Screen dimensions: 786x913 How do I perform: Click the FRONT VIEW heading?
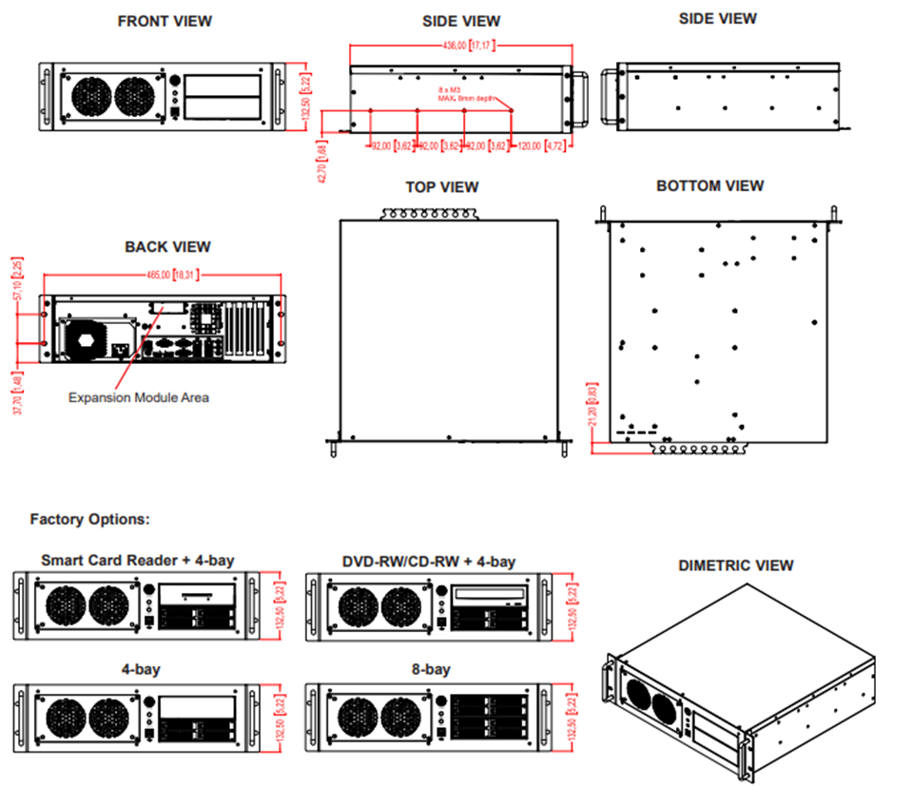pos(165,21)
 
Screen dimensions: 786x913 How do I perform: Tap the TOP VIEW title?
pos(442,187)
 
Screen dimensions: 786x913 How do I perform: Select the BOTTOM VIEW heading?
pos(710,186)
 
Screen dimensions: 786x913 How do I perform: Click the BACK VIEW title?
pos(167,247)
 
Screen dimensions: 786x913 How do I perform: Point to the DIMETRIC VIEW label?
pos(735,566)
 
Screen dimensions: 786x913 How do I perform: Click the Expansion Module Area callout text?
pos(138,397)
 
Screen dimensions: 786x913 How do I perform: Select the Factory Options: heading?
pos(89,520)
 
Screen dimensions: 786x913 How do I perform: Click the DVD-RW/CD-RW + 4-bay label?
pos(429,561)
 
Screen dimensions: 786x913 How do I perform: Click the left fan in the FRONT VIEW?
pos(92,96)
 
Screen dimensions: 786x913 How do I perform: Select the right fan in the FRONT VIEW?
pos(137,96)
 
